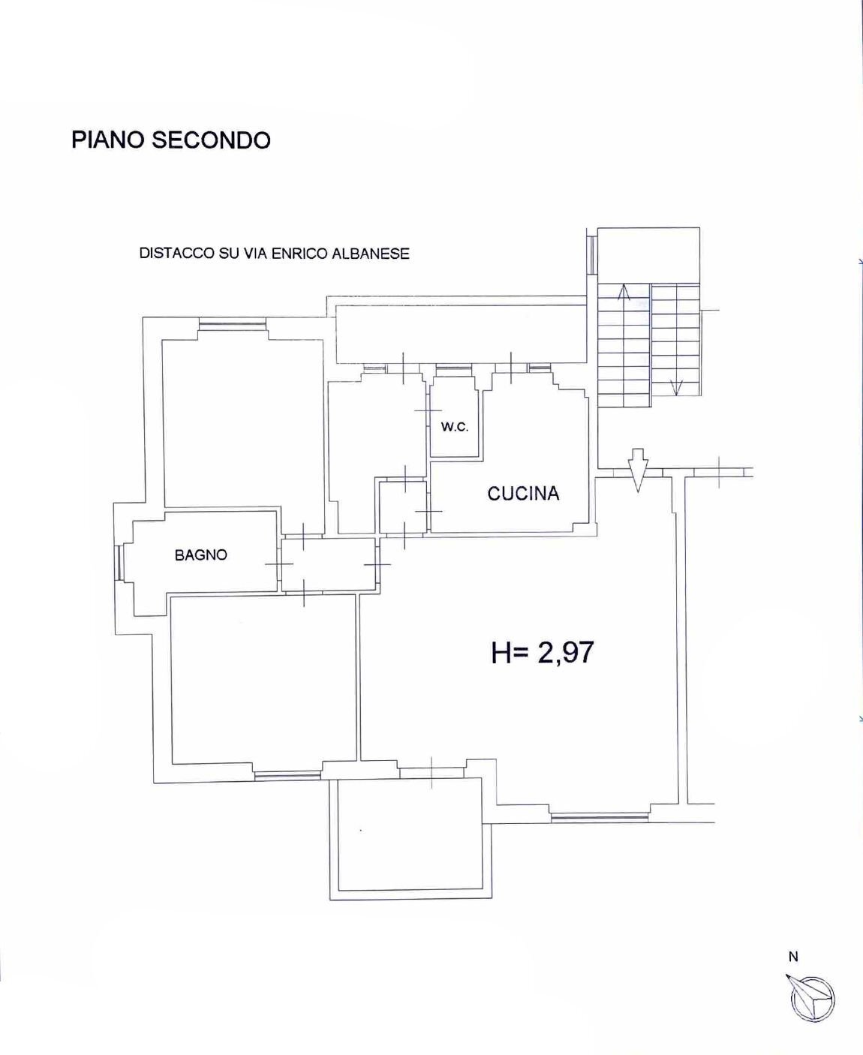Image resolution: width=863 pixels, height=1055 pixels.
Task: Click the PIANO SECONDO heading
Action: click(x=170, y=140)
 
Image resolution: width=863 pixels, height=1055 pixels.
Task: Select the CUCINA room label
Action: click(x=523, y=493)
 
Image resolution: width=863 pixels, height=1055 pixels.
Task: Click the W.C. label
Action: click(x=454, y=427)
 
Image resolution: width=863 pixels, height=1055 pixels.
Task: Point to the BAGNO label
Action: click(x=200, y=555)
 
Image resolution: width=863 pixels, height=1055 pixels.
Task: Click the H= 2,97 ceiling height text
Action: click(x=542, y=652)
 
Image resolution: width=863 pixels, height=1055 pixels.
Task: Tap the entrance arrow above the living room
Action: click(x=637, y=469)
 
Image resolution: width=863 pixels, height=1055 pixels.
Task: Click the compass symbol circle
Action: click(x=813, y=999)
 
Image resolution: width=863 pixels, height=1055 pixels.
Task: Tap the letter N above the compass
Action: click(x=793, y=956)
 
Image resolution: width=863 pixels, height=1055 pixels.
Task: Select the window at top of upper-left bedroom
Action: click(x=232, y=326)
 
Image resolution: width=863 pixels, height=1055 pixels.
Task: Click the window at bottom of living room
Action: click(x=599, y=816)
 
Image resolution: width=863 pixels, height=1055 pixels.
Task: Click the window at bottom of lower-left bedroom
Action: click(x=288, y=775)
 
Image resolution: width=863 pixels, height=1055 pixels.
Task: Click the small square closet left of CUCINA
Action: click(x=403, y=506)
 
